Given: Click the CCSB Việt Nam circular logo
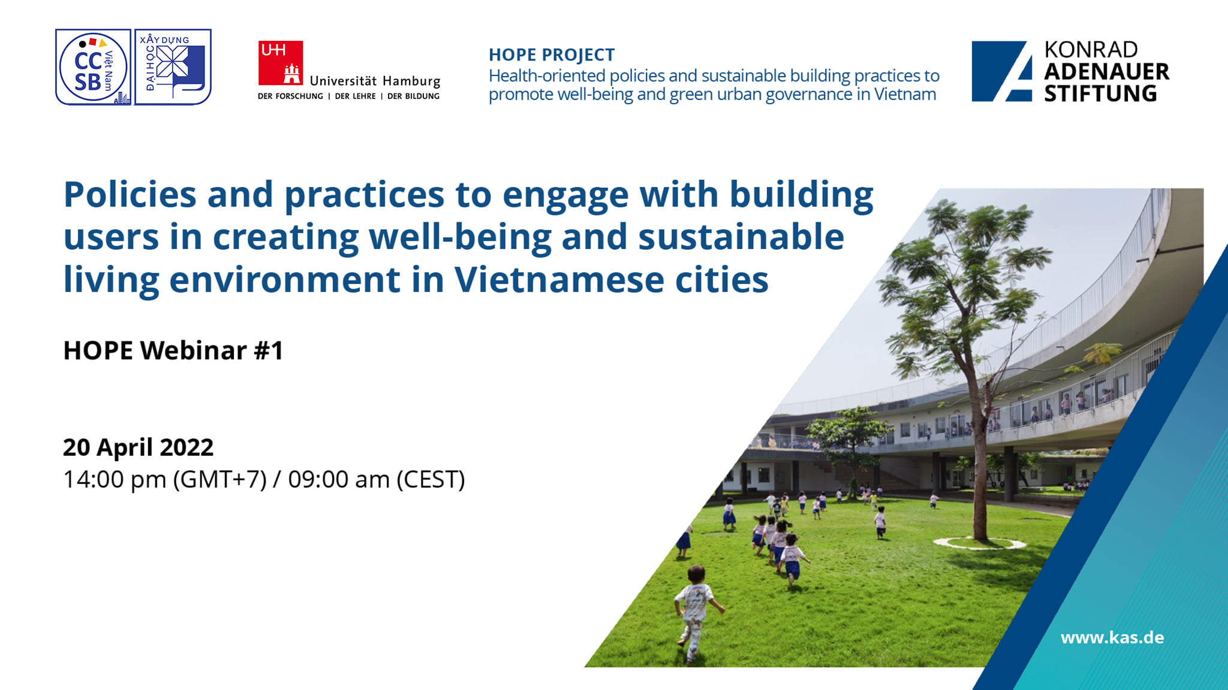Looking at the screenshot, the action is pyautogui.click(x=93, y=67).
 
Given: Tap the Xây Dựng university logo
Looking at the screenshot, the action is pyautogui.click(x=173, y=67).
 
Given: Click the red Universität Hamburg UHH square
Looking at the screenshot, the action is pyautogui.click(x=281, y=63).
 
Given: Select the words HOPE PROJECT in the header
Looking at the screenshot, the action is pyautogui.click(x=552, y=55).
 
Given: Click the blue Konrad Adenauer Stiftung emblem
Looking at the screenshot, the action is pyautogui.click(x=1002, y=71).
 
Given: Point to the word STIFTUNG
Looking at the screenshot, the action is pyautogui.click(x=1100, y=93).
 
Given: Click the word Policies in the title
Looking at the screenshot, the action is pyautogui.click(x=130, y=194).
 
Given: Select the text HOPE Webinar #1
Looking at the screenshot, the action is pyautogui.click(x=173, y=350).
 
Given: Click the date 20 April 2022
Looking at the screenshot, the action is pyautogui.click(x=138, y=447).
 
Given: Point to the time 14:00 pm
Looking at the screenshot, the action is pyautogui.click(x=115, y=479).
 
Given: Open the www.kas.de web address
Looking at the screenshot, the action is pyautogui.click(x=1112, y=637).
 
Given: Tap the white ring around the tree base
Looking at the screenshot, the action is pyautogui.click(x=979, y=543).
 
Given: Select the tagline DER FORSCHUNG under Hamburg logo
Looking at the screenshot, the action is pyautogui.click(x=290, y=96).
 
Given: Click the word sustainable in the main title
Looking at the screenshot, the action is pyautogui.click(x=741, y=237).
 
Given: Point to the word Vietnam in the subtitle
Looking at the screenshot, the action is pyautogui.click(x=905, y=94).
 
